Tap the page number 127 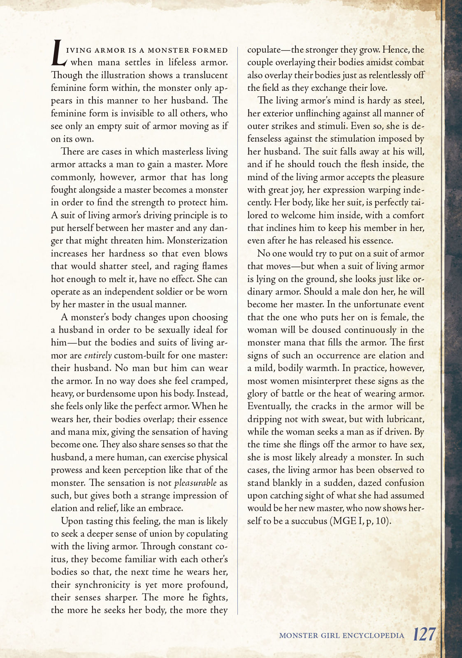coord(424,635)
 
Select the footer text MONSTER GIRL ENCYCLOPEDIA coord(341,636)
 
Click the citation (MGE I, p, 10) coord(359,521)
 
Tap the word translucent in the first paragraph coord(205,75)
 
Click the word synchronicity coord(103,584)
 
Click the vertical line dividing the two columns coord(238,329)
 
